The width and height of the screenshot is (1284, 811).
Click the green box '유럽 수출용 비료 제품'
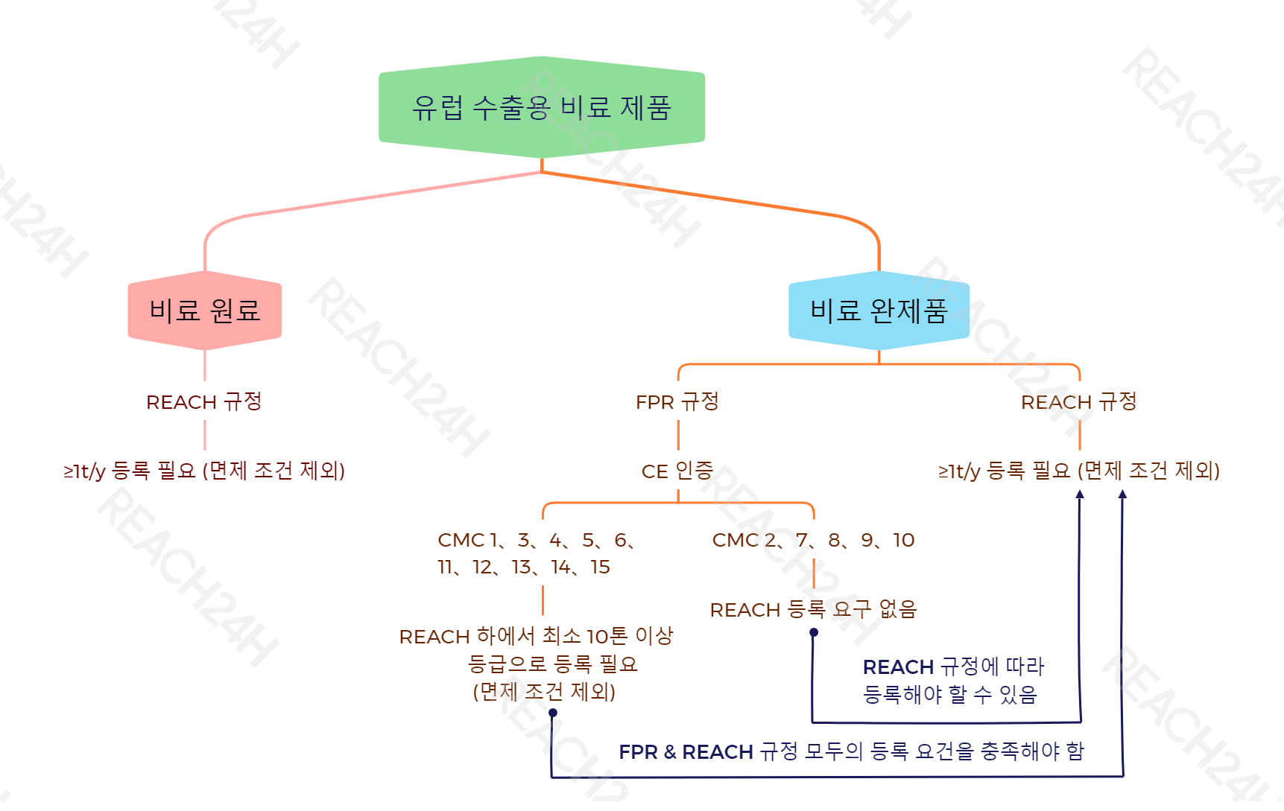tap(542, 107)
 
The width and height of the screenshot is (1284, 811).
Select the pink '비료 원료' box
tap(205, 311)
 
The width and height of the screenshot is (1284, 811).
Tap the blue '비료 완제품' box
tap(879, 311)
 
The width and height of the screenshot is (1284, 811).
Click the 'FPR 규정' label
tap(677, 402)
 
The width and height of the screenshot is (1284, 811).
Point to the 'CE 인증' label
tap(677, 471)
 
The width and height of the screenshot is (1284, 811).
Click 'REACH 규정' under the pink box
tap(204, 402)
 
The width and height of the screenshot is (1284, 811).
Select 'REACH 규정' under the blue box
tap(1079, 402)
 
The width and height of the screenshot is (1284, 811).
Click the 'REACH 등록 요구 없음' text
tap(813, 610)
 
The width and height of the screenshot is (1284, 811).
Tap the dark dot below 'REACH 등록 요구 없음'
tap(814, 632)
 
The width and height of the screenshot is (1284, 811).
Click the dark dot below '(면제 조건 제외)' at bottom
tap(553, 713)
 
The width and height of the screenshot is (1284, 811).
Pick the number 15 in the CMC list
tap(601, 567)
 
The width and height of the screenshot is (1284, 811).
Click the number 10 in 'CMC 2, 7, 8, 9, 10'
tap(904, 540)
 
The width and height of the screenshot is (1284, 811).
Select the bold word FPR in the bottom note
tap(639, 752)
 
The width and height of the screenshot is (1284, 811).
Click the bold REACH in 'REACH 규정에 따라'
tap(898, 667)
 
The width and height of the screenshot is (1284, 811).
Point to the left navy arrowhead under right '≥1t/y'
tap(1080, 494)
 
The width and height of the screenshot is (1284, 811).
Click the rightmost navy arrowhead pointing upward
tap(1122, 494)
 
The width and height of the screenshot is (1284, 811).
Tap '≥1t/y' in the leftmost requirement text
tap(84, 471)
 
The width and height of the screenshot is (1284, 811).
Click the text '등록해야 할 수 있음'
tap(950, 694)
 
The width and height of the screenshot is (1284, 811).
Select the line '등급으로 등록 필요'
tap(553, 664)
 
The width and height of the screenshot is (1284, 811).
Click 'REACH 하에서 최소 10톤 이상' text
tap(537, 636)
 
